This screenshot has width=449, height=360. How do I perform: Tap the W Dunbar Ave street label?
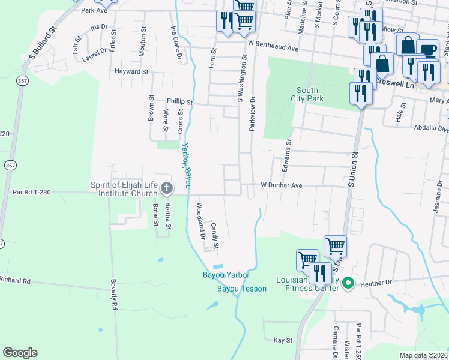281,185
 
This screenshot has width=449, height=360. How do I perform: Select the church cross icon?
167,190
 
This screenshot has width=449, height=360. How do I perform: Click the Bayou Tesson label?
241,289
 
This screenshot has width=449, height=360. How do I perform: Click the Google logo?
20,353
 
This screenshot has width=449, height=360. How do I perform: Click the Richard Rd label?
15,280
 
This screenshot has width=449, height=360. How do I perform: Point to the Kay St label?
282,340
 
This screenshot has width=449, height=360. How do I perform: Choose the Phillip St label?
179,103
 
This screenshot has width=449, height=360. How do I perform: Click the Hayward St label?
131,71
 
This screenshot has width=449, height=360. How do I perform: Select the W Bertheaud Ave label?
273,47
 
